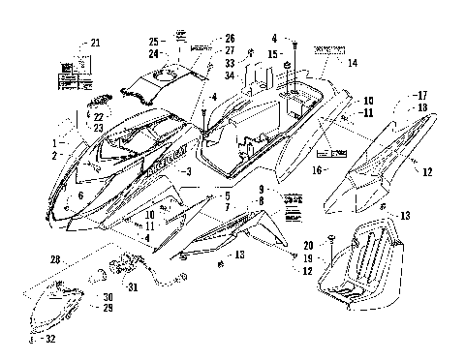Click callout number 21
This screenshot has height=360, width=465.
point(94,43)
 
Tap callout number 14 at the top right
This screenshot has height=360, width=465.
point(352,63)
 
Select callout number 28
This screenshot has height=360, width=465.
point(56,259)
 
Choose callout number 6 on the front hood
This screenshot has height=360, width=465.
point(80,195)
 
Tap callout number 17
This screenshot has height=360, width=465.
point(421,95)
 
